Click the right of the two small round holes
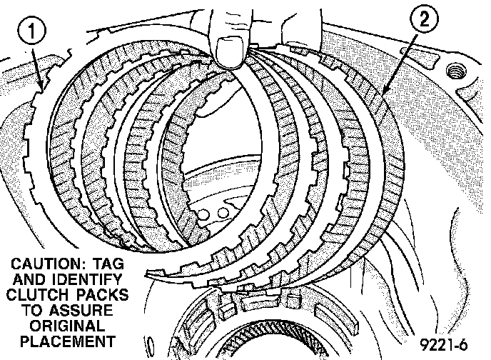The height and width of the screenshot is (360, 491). click(x=223, y=212)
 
